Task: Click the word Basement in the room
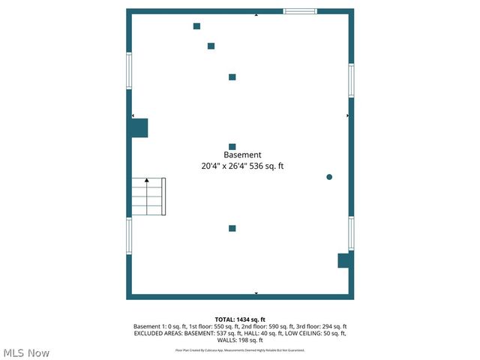pyautogui.click(x=242, y=155)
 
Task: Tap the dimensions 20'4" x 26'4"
pyautogui.click(x=223, y=166)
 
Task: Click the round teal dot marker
pyautogui.click(x=329, y=177)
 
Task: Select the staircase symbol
pyautogui.click(x=148, y=196)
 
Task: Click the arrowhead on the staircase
pyautogui.click(x=147, y=180)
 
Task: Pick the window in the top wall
pyautogui.click(x=300, y=11)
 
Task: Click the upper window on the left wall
pyautogui.click(x=129, y=70)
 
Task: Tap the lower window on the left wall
pyautogui.click(x=129, y=236)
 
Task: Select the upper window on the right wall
pyautogui.click(x=351, y=80)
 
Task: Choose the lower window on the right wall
pyautogui.click(x=351, y=233)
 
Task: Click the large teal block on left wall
pyautogui.click(x=139, y=127)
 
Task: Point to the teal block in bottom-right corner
pyautogui.click(x=344, y=260)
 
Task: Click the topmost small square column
pyautogui.click(x=196, y=26)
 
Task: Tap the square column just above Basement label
pyautogui.click(x=232, y=146)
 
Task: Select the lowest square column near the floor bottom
pyautogui.click(x=232, y=228)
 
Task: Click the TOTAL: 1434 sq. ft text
pyautogui.click(x=240, y=319)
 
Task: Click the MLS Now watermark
pyautogui.click(x=26, y=352)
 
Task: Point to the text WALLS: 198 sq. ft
pyautogui.click(x=240, y=340)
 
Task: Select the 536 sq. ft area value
pyautogui.click(x=266, y=166)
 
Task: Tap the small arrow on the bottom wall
pyautogui.click(x=256, y=293)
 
